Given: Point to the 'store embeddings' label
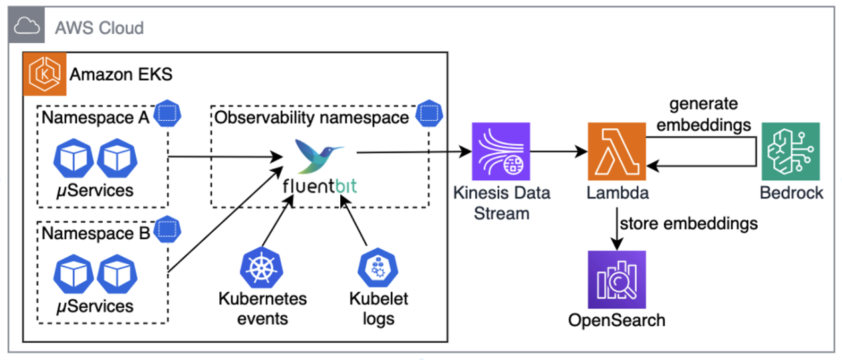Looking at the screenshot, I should point(688,222).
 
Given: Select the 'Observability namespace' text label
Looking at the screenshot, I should point(311,118).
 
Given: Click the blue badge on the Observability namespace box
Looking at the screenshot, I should point(429,113).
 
